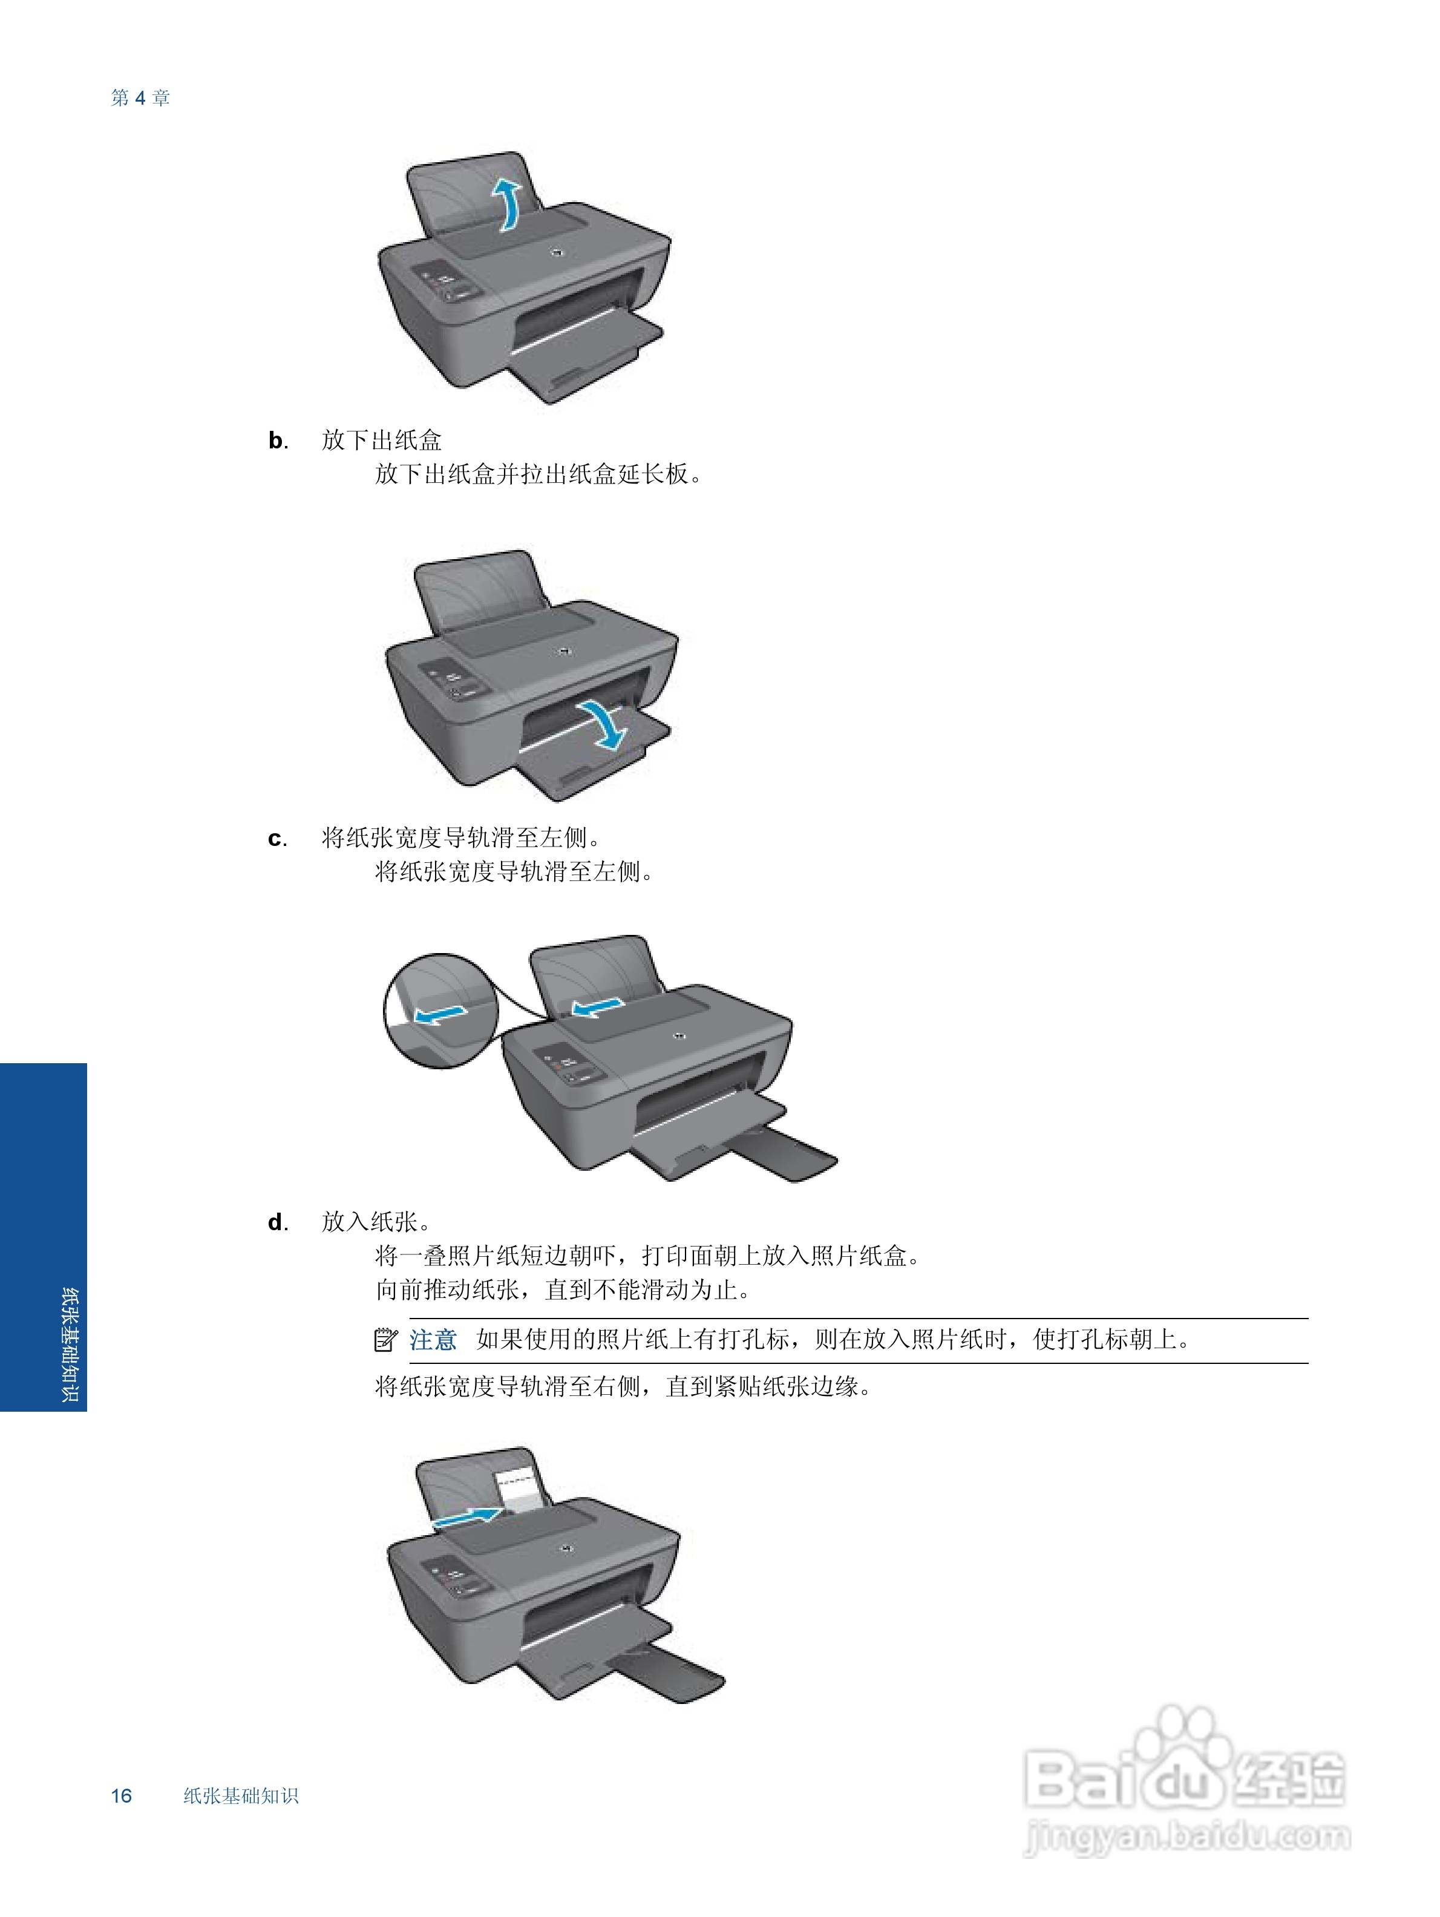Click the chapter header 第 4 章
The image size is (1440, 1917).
coord(140,98)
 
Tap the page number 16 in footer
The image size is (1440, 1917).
coord(121,1795)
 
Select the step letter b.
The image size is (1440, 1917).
coord(277,441)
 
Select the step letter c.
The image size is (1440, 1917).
coord(277,838)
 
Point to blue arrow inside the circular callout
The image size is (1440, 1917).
coord(440,1012)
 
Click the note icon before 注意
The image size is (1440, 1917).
coord(385,1340)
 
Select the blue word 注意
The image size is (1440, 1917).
coord(433,1340)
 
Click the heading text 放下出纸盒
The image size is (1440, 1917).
coord(381,441)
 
